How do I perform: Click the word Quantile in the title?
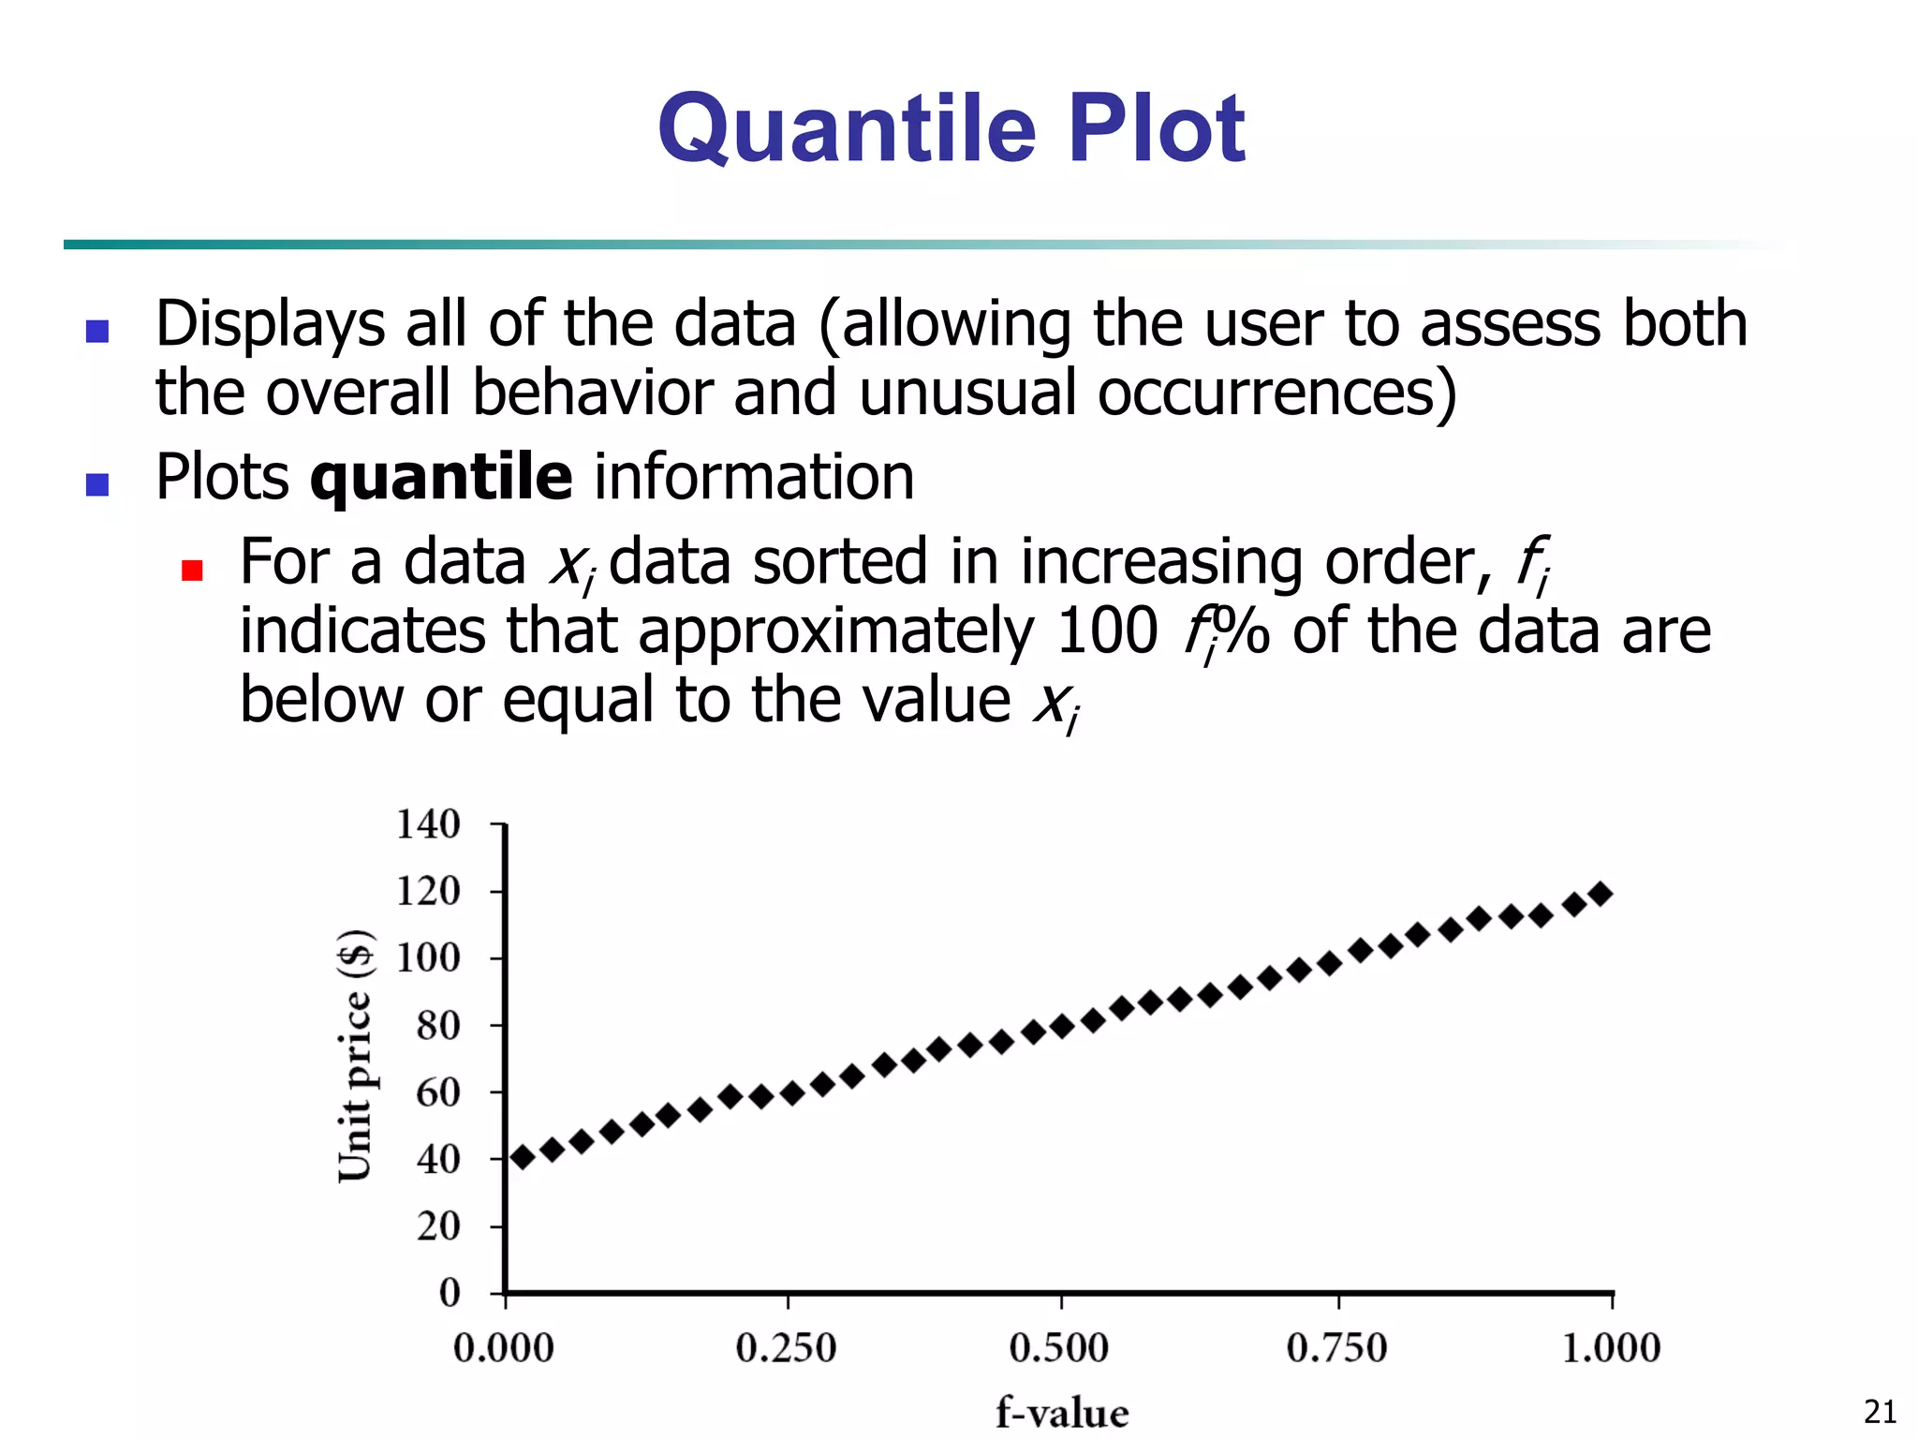point(847,129)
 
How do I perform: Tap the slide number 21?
point(1880,1411)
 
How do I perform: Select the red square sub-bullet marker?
point(192,571)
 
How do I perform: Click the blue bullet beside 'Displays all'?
point(97,331)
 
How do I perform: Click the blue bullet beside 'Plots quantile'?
point(97,483)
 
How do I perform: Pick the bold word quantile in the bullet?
point(441,478)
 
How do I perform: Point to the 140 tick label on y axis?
point(428,824)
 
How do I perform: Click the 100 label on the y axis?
point(428,958)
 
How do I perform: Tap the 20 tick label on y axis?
point(438,1225)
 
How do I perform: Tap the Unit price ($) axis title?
point(356,1055)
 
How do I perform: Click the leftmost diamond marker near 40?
point(522,1158)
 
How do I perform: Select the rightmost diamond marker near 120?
point(1601,894)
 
